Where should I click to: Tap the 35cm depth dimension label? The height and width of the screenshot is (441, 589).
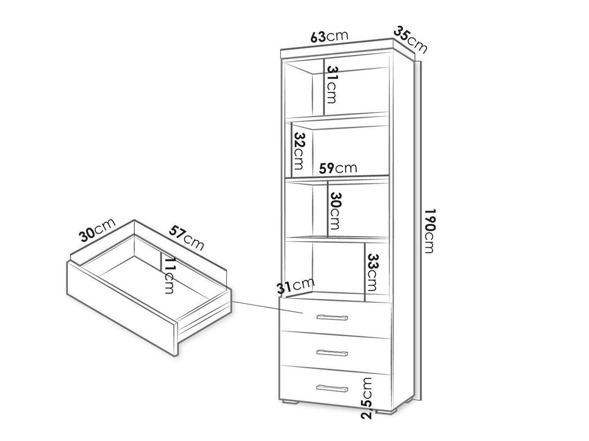pos(410,40)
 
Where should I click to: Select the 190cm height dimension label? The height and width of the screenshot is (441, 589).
pos(430,231)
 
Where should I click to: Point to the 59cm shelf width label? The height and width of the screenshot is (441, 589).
pos(338,168)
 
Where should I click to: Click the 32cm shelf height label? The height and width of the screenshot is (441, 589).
pos(300,151)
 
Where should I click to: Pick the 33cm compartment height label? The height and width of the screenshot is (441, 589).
pos(372,272)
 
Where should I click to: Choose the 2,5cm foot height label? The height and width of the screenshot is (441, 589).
pos(366,398)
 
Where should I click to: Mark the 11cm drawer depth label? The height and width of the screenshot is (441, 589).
pos(170,276)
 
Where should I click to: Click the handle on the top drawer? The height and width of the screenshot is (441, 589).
pos(332,318)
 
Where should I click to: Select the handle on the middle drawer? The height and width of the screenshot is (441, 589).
pos(332,353)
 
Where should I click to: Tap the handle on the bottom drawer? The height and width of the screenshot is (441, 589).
pos(332,389)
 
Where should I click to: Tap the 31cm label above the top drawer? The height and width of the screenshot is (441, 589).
pos(296,286)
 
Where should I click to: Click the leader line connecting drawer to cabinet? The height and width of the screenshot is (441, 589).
pos(267,307)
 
